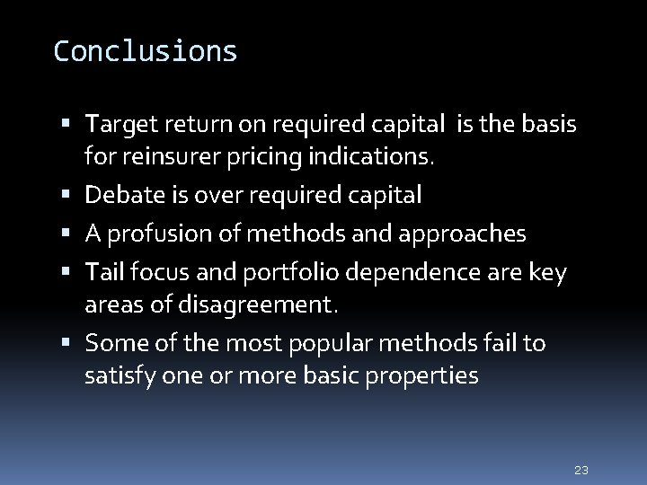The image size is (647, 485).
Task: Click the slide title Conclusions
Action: point(146,51)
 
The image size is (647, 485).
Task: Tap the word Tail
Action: point(102,272)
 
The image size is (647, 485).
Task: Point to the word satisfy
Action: point(119,376)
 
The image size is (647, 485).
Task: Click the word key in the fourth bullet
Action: point(548,272)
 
